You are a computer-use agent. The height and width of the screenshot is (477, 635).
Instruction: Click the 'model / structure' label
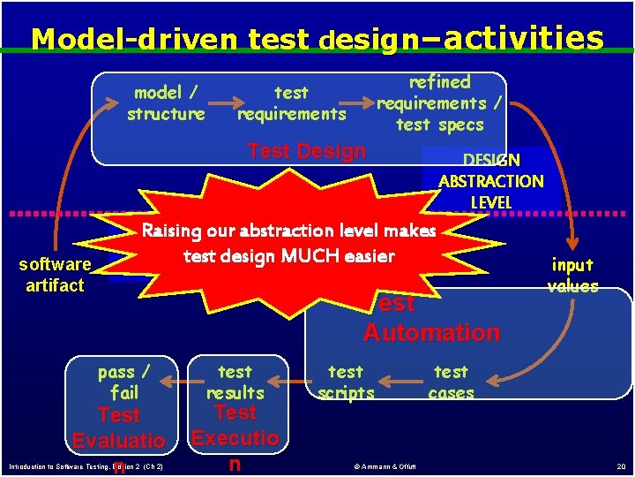point(166,102)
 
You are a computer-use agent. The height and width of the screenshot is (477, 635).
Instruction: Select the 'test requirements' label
point(291,102)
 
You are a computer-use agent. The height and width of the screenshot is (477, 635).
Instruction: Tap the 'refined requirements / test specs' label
point(439,103)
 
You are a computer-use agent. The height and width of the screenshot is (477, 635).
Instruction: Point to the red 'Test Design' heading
point(307,151)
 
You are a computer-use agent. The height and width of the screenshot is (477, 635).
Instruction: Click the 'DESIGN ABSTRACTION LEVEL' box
point(490,180)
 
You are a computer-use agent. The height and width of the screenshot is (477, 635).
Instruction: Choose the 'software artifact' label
point(55,275)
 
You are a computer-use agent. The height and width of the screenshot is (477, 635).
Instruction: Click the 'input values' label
point(572,275)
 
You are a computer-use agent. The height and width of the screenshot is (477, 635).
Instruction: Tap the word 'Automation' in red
point(431,333)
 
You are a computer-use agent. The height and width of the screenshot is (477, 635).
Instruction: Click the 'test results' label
point(235,382)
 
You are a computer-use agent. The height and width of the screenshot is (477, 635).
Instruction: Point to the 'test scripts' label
point(346,382)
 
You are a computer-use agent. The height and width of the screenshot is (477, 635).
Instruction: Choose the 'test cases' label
point(451,382)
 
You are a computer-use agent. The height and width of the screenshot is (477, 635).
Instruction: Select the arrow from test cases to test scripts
point(402,382)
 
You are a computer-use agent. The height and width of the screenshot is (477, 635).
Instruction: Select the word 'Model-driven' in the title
point(134,39)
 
